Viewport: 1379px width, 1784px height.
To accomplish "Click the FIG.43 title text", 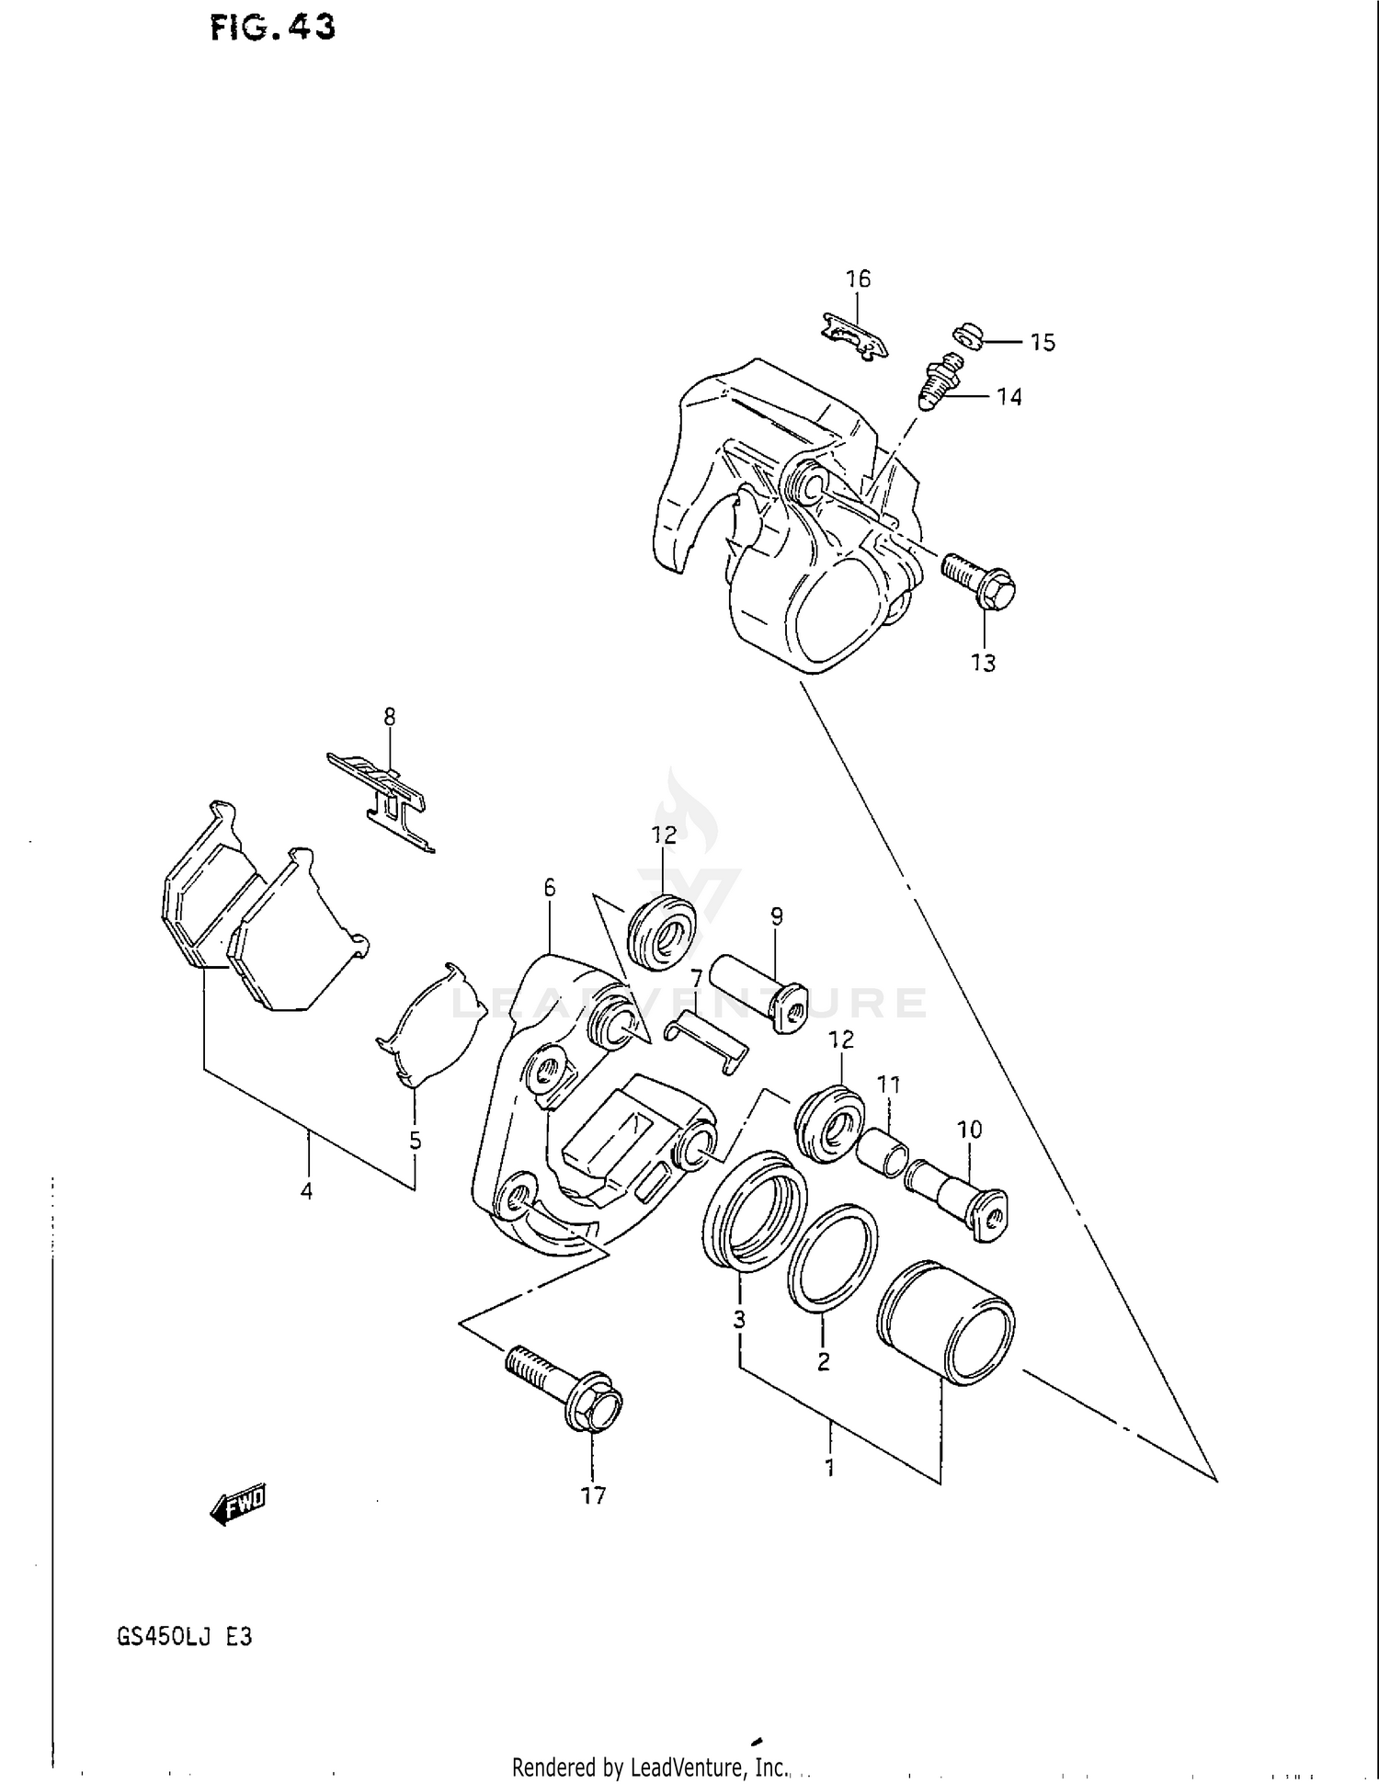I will pyautogui.click(x=272, y=28).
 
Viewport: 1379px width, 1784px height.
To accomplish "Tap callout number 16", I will pyautogui.click(x=858, y=279).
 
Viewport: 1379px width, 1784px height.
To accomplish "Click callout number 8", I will pyautogui.click(x=390, y=716).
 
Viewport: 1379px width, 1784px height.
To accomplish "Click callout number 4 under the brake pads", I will pyautogui.click(x=306, y=1191).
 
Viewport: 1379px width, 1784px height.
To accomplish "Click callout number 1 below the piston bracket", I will pyautogui.click(x=829, y=1468).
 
